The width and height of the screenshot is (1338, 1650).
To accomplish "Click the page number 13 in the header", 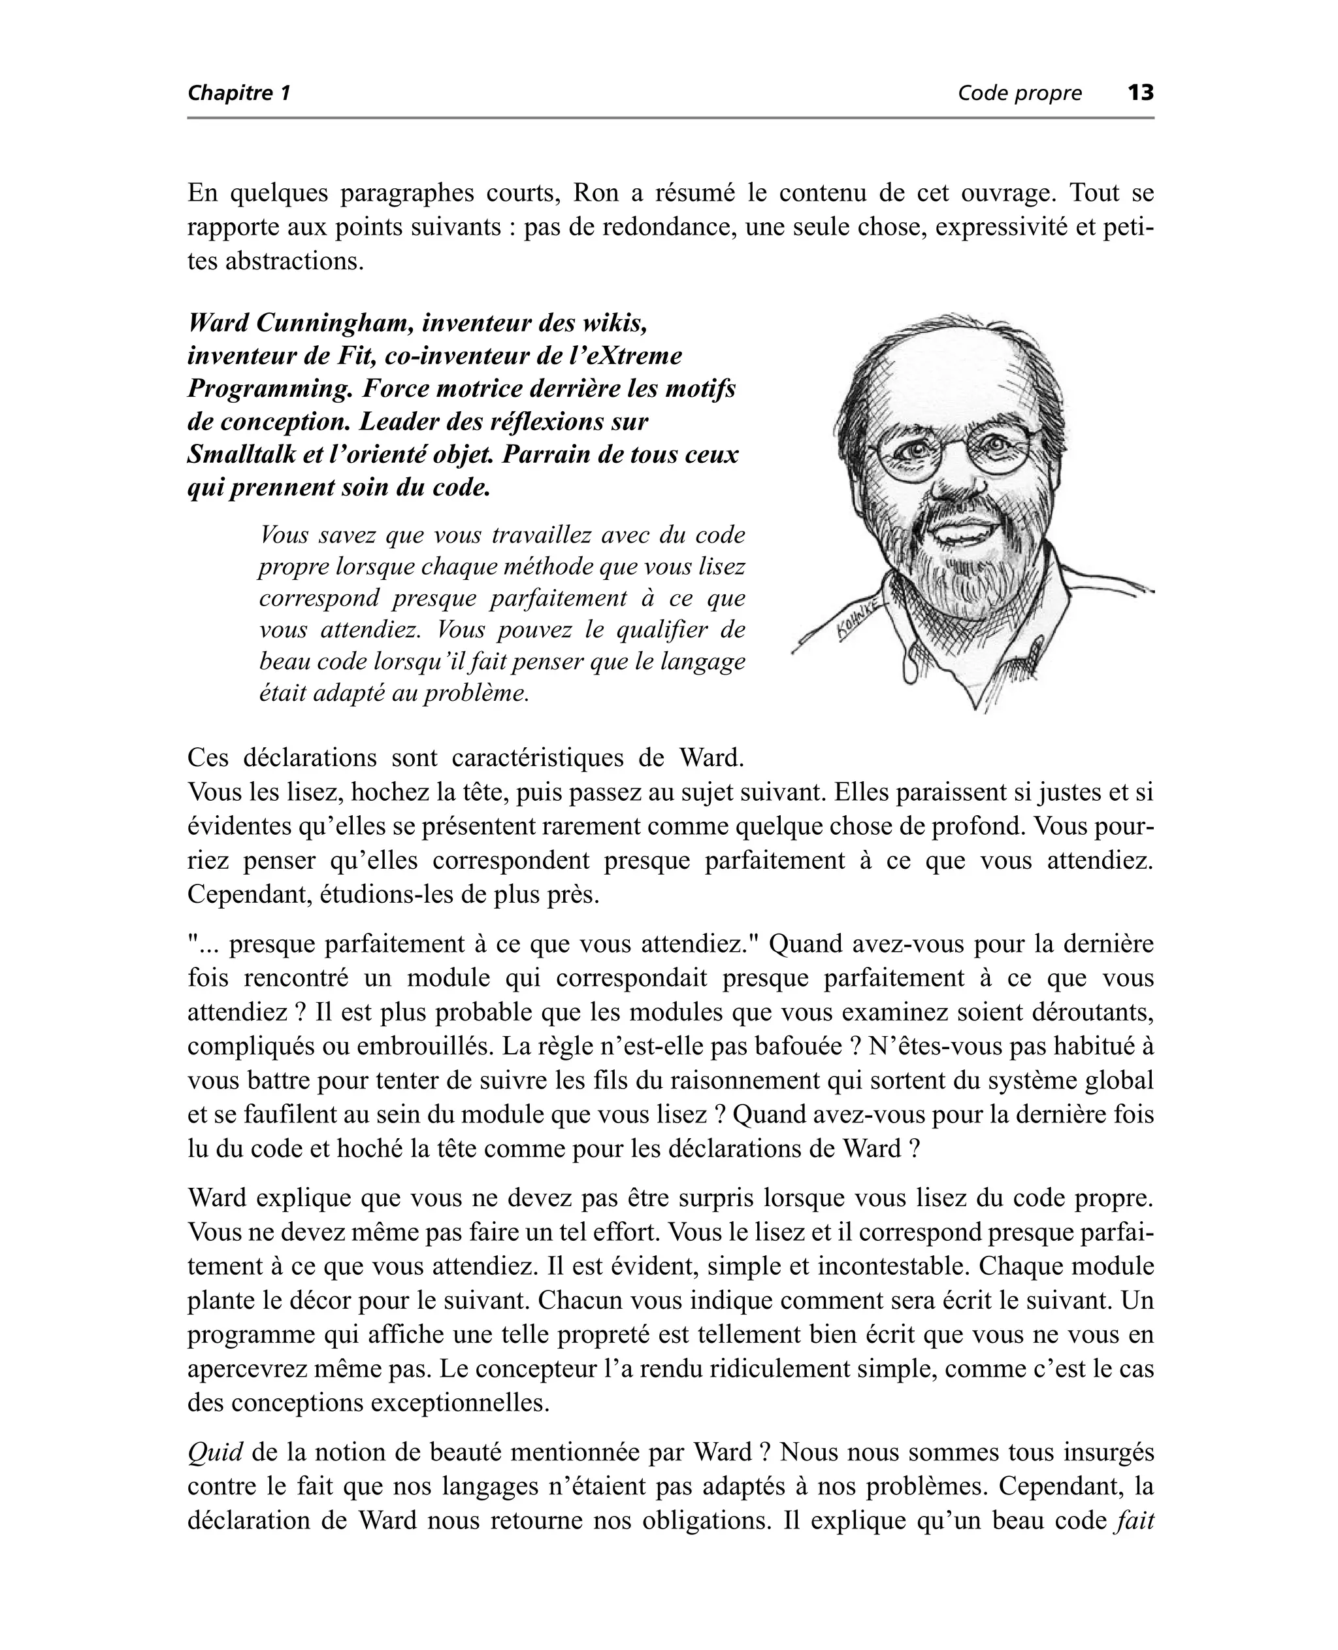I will click(1141, 93).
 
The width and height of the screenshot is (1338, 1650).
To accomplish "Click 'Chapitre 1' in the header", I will click(239, 93).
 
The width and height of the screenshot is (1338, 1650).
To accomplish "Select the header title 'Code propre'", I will click(1019, 93).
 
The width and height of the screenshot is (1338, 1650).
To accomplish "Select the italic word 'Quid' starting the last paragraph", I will click(215, 1453).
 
